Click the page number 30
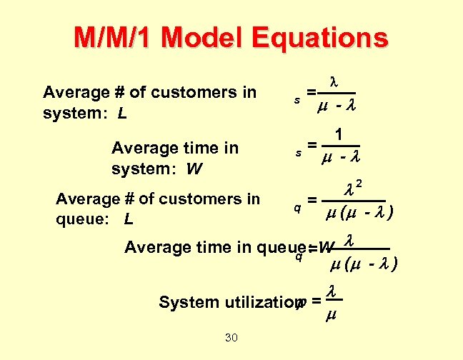pos(231,337)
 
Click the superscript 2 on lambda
pos(359,184)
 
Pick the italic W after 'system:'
pos(193,170)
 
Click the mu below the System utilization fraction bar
pos(332,314)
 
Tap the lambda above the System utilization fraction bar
pos(332,291)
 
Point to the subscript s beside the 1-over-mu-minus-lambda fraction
pos(298,153)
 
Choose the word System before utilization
pos(181,302)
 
